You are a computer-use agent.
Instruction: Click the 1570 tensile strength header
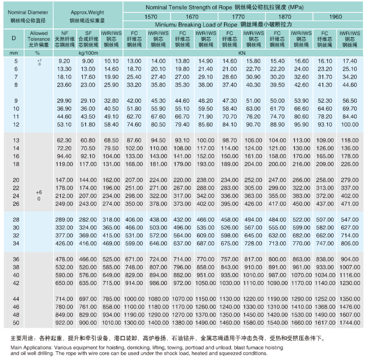151,16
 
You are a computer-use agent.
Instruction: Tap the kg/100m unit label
88,53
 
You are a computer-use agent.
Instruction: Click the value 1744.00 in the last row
349,322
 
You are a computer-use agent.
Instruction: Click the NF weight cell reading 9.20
64,61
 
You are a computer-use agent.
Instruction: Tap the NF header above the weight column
64,33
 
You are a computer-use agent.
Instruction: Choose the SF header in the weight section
88,33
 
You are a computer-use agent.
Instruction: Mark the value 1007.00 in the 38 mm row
349,267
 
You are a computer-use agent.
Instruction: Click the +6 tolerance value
38,192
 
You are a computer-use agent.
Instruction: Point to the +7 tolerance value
39,60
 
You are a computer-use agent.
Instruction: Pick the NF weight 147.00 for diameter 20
63,180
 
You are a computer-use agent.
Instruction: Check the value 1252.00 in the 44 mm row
325,299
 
